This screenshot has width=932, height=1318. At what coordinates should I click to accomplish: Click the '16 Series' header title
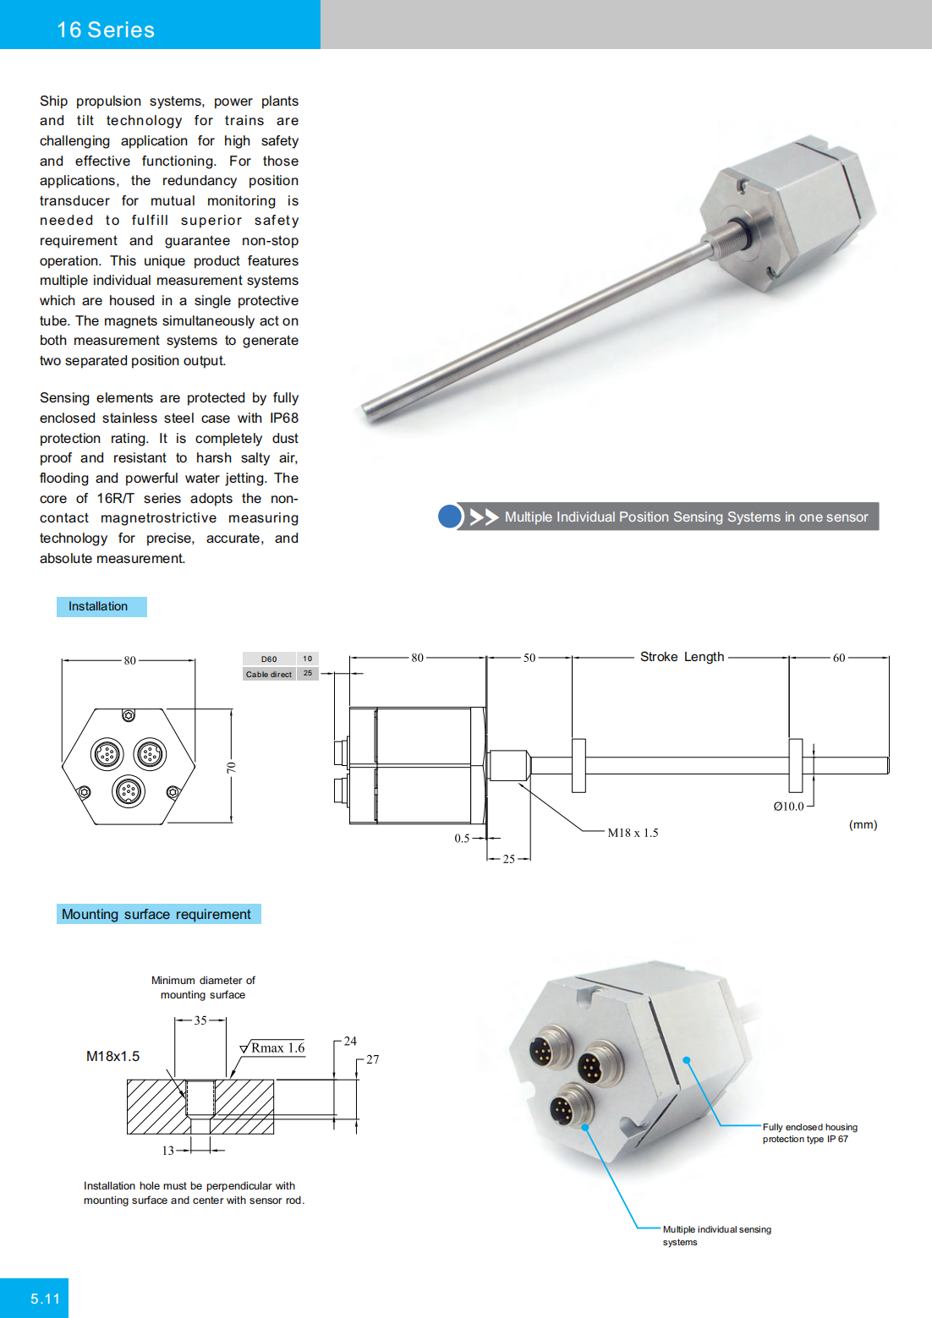(x=106, y=30)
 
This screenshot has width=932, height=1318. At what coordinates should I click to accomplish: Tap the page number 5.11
(x=45, y=1299)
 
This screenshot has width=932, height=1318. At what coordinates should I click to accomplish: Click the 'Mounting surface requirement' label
(x=156, y=914)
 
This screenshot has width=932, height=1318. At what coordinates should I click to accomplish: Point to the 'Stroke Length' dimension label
(x=682, y=657)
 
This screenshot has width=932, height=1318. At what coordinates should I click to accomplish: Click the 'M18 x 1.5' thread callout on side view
(x=633, y=833)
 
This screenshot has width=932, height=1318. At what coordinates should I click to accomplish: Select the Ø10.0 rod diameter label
(x=788, y=807)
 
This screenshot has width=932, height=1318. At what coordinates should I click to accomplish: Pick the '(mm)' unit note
(x=863, y=824)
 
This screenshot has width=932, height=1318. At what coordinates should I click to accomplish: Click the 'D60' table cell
(x=269, y=659)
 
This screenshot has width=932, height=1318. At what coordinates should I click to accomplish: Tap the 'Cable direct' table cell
(x=269, y=675)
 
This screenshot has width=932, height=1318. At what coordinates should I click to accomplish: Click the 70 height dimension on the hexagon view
(x=231, y=768)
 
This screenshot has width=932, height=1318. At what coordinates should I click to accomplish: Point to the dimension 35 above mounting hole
(x=200, y=1020)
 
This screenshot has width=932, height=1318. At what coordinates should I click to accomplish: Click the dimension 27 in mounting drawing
(x=373, y=1059)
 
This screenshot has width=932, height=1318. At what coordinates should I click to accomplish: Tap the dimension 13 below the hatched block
(x=168, y=1151)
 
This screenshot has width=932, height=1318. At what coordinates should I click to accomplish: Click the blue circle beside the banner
(x=450, y=517)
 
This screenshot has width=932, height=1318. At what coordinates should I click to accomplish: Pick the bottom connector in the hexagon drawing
(x=129, y=791)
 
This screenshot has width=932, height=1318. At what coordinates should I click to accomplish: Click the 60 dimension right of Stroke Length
(x=839, y=658)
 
